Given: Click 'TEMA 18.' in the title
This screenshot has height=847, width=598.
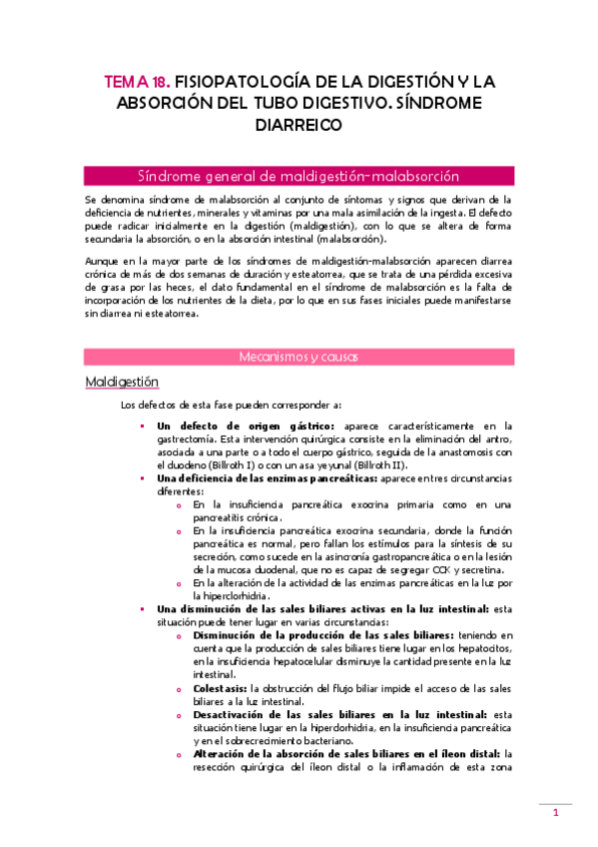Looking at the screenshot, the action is pos(136,81).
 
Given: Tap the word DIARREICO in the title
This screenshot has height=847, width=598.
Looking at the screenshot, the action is pos(299,125).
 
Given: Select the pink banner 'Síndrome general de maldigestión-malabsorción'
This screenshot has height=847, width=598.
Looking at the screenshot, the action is pos(299,176).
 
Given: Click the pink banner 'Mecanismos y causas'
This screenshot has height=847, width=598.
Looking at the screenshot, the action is pos(299,356).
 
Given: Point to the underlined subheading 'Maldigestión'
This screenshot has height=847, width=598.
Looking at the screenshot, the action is pos(121,382).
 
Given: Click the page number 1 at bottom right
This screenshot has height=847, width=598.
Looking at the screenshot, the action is pos(555,814).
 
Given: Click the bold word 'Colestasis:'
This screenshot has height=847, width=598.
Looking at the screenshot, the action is pos(221,687).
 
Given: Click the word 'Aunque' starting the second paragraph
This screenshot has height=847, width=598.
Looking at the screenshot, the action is pos(103,261).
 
